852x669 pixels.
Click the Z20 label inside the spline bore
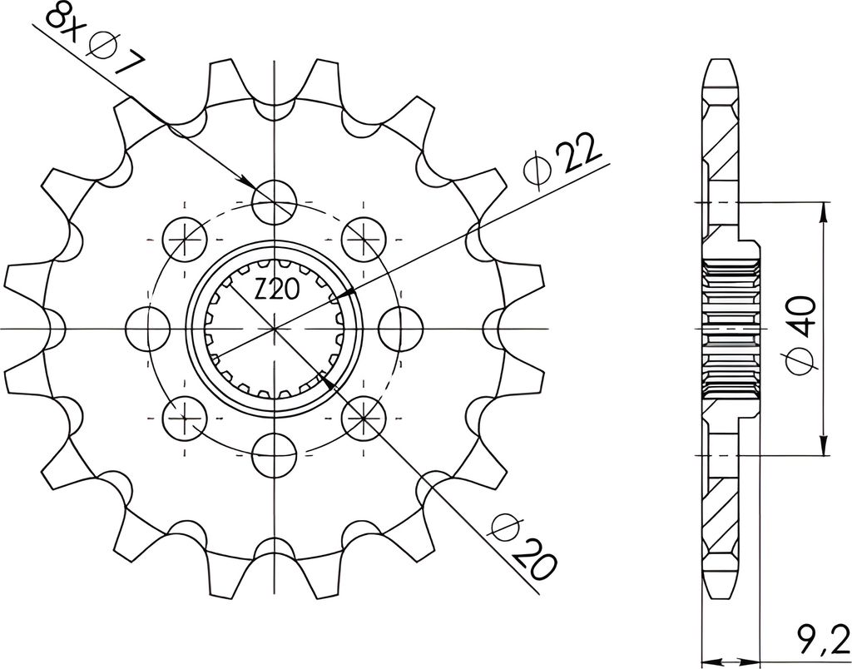(x=275, y=289)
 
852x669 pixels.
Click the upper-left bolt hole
(x=186, y=240)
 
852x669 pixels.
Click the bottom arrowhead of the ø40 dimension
(x=823, y=446)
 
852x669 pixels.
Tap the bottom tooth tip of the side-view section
(x=721, y=588)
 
